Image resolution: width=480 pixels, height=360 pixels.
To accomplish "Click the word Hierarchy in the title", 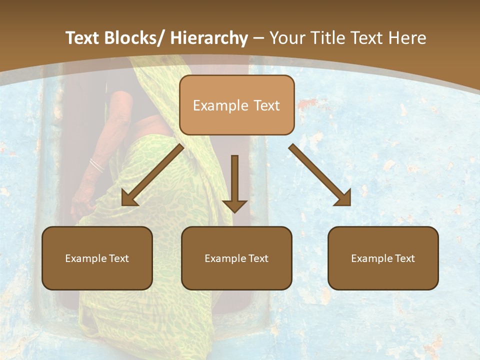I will click(x=209, y=38).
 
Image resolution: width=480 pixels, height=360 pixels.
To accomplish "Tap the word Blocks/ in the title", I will click(x=136, y=38).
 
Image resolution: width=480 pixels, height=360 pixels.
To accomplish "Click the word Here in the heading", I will click(x=408, y=38).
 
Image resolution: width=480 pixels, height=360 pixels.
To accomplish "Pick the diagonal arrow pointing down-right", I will click(x=320, y=175).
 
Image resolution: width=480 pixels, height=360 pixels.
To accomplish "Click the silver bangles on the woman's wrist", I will click(x=96, y=165).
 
